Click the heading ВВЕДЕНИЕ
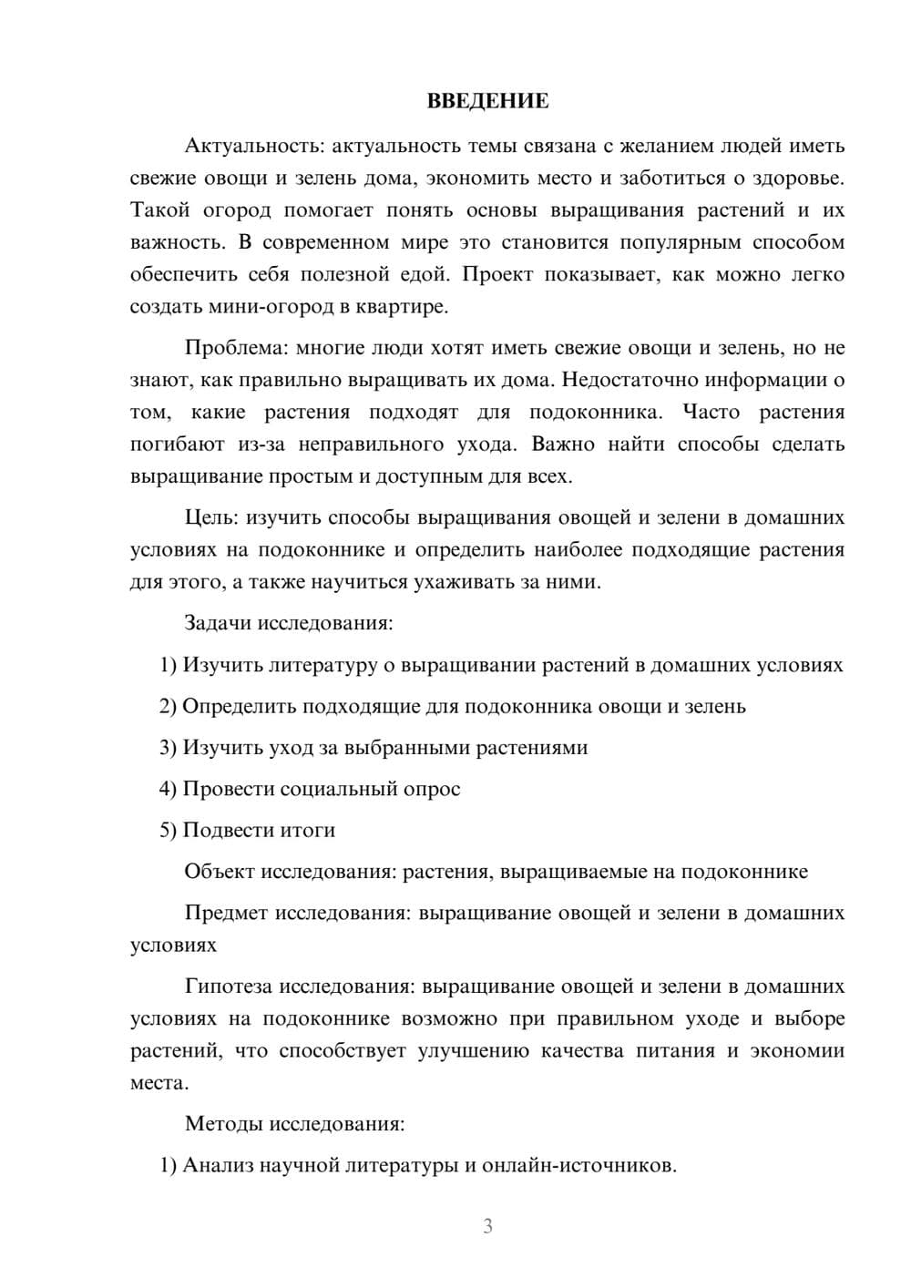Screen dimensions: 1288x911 click(487, 101)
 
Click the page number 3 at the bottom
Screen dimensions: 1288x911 click(487, 1226)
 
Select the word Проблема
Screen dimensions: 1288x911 click(229, 348)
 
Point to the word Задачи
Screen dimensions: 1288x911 click(219, 624)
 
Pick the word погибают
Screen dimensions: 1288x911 click(172, 445)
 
